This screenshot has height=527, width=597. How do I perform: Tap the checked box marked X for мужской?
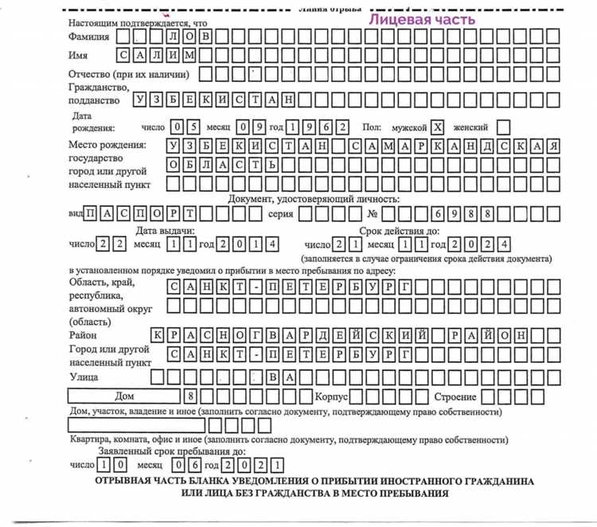[x=437, y=127]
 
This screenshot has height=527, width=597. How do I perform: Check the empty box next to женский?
[x=503, y=127]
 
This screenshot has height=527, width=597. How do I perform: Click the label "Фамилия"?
[x=88, y=36]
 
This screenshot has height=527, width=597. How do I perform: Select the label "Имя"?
[x=78, y=56]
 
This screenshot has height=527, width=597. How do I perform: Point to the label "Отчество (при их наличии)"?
[x=128, y=75]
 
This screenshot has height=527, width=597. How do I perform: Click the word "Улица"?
[x=84, y=375]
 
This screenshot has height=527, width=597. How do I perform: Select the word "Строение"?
[x=455, y=396]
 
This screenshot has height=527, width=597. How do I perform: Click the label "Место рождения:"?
[x=107, y=145]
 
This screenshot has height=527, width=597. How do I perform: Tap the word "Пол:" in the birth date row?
[x=373, y=127]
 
